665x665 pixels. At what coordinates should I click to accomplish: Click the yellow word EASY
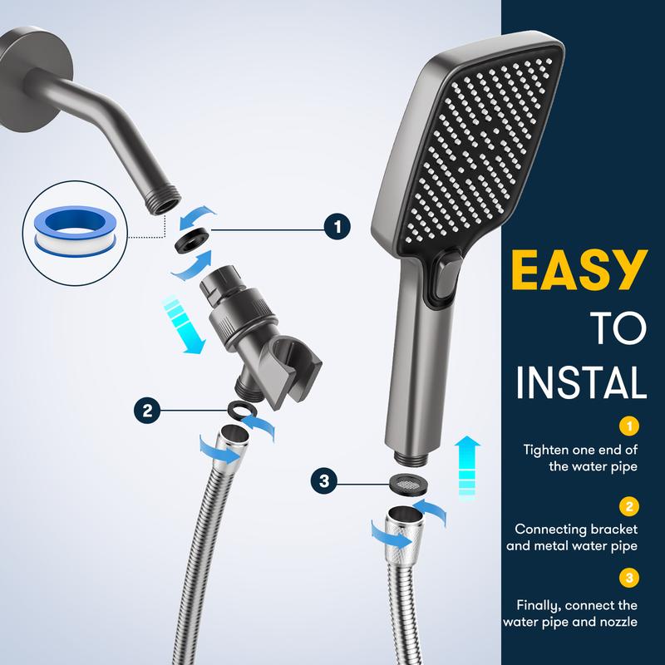[x=579, y=269]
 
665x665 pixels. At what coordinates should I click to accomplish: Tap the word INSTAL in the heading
[x=580, y=382]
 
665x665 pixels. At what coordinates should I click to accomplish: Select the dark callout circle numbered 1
[x=337, y=227]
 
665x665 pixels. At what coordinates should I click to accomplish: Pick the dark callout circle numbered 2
[x=147, y=411]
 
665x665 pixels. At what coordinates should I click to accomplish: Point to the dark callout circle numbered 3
[x=324, y=481]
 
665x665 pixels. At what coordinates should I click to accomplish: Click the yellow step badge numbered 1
[x=629, y=426]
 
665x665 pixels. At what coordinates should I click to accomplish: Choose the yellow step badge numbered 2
[x=629, y=506]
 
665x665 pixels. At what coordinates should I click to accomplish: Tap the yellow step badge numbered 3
[x=629, y=577]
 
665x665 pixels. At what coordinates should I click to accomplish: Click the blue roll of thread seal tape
[x=76, y=230]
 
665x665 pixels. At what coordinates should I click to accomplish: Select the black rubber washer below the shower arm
[x=193, y=240]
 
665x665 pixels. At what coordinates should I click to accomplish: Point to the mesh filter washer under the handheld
[x=408, y=483]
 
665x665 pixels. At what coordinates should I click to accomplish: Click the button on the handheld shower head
[x=444, y=278]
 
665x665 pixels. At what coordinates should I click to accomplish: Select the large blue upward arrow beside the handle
[x=467, y=468]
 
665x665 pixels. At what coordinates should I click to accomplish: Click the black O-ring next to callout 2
[x=242, y=410]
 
